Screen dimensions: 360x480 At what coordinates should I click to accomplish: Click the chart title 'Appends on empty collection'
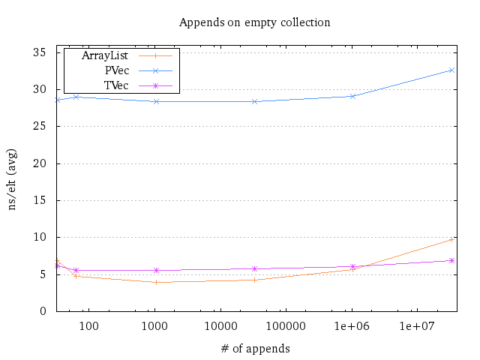254,22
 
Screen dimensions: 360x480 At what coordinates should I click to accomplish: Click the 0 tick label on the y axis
43,311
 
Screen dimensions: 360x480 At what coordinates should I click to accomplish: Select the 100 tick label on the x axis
89,325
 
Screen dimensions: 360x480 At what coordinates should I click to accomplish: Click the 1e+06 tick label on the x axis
352,325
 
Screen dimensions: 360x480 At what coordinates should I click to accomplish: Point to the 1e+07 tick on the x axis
417,325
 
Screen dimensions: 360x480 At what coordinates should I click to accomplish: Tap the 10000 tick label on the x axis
220,325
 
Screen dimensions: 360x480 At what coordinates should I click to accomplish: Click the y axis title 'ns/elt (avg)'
13,181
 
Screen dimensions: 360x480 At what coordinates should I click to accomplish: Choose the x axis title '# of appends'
254,348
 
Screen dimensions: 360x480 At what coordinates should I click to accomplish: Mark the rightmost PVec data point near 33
451,70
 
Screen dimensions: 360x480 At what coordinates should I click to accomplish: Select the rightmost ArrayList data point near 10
451,239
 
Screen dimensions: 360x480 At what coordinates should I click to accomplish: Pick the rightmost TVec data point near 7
451,260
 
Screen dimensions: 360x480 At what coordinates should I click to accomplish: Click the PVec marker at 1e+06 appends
352,96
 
